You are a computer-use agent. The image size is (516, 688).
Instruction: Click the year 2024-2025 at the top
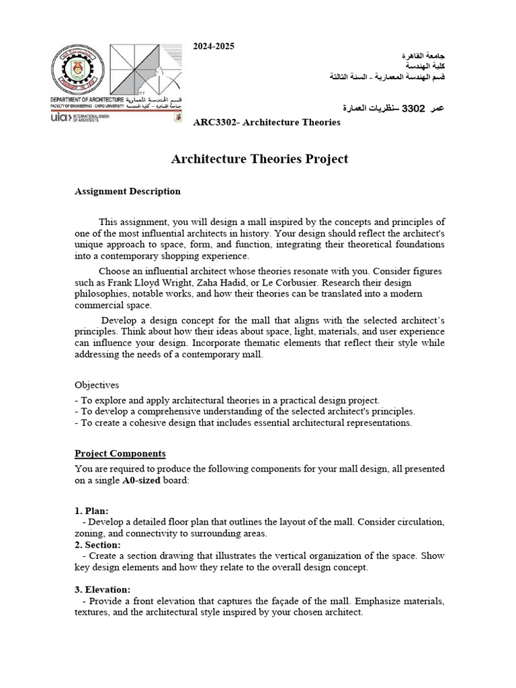pos(214,46)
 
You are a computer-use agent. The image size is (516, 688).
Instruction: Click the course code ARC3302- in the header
pos(219,122)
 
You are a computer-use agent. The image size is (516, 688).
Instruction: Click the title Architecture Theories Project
pos(260,159)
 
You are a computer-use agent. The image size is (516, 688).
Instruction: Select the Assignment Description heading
pos(127,191)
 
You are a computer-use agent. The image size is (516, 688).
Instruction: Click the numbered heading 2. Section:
pos(97,544)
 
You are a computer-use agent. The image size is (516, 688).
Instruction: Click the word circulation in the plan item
pos(421,522)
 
